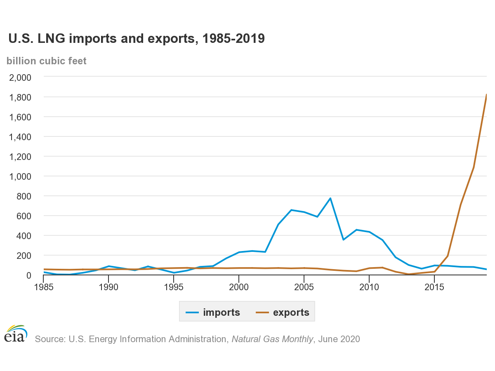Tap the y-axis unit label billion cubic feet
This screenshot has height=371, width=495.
[x=47, y=61]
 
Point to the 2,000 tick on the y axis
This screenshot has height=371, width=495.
[x=20, y=77]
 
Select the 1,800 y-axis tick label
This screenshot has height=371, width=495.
[x=20, y=97]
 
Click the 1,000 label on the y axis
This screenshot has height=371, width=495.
[x=20, y=176]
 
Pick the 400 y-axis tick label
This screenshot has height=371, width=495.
[x=24, y=236]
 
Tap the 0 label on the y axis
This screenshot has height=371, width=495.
[x=28, y=275]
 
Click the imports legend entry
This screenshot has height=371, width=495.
[x=213, y=312]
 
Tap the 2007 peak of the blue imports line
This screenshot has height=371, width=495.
[x=330, y=198]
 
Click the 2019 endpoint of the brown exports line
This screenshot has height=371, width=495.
[x=486, y=95]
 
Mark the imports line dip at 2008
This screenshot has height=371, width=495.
[x=343, y=240]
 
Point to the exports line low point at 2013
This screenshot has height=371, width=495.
[x=408, y=274]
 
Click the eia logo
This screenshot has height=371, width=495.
[x=16, y=333]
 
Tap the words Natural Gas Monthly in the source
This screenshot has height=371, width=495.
[x=272, y=339]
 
